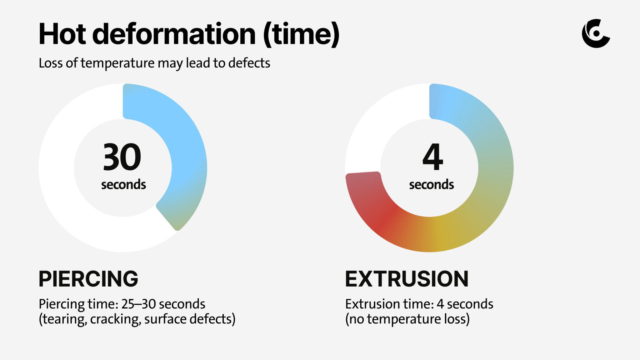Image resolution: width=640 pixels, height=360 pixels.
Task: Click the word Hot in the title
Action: [x=62, y=34]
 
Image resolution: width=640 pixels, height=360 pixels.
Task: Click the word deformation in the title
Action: [x=174, y=34]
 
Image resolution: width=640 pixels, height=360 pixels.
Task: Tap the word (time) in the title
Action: [x=301, y=34]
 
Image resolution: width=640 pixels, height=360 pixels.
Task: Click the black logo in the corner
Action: [x=596, y=33]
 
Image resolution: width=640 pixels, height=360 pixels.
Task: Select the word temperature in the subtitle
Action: [x=117, y=63]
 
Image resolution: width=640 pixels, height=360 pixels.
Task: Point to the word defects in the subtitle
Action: [x=249, y=63]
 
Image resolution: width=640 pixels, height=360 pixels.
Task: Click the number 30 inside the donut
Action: [x=122, y=157]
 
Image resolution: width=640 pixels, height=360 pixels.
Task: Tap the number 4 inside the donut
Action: [x=433, y=157]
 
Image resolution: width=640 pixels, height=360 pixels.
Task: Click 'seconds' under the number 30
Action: [x=123, y=185]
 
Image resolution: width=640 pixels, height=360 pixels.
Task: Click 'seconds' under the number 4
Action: [x=432, y=185]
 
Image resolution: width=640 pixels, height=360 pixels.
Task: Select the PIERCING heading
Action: [x=88, y=279]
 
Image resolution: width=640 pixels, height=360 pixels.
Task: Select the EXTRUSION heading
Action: [x=407, y=279]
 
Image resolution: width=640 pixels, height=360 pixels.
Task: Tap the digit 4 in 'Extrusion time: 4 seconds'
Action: [x=440, y=304]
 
